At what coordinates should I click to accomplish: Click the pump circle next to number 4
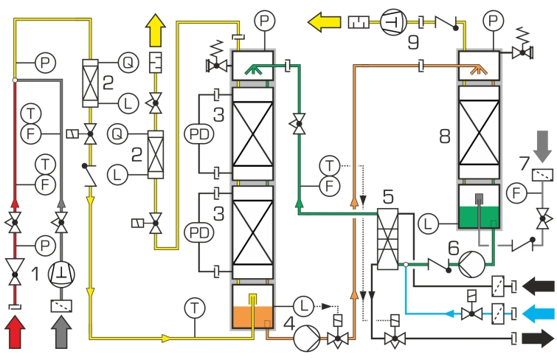click(305, 339)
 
